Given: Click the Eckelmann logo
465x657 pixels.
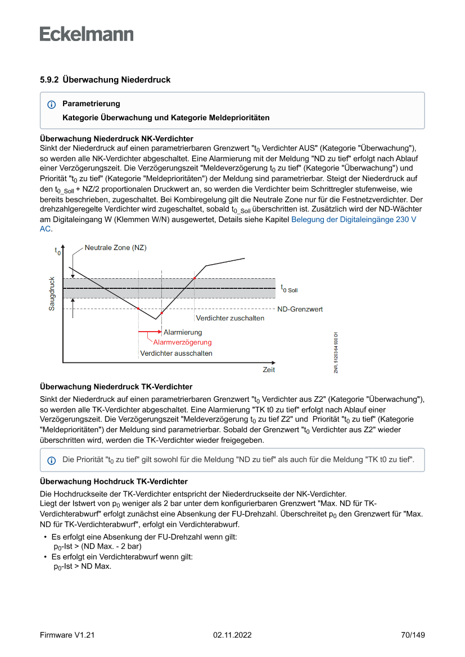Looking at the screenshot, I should [87, 34].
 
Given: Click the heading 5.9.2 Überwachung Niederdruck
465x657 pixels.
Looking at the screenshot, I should [105, 80].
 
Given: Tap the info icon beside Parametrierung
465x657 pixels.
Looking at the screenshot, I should [52, 105].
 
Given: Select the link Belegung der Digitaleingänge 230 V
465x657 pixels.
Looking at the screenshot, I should [354, 220].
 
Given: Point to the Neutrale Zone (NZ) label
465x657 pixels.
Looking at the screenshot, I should [115, 247].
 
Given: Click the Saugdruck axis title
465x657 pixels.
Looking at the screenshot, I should [52, 293].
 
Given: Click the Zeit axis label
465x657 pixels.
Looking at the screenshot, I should [269, 369].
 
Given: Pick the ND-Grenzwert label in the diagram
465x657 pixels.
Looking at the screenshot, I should [300, 309].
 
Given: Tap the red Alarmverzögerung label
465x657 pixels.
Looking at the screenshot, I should [182, 342].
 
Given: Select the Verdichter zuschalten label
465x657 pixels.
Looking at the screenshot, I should [230, 318].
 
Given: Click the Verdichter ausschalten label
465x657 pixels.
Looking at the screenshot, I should [176, 354].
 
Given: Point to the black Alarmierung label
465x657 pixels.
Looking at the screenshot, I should [183, 332].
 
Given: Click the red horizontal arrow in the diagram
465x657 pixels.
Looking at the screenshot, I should [150, 332].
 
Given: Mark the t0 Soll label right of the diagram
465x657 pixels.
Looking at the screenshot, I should [289, 288].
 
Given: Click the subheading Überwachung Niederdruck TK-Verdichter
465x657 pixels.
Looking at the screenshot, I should [116, 387].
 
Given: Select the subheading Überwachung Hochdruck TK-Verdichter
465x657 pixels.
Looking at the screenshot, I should [114, 482].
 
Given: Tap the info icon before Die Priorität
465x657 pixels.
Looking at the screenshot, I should [52, 460].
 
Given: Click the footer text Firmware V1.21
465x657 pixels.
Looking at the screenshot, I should [67, 635].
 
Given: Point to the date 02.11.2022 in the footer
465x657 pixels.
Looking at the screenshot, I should [232, 635].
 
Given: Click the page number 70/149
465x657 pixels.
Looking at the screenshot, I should [413, 635].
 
